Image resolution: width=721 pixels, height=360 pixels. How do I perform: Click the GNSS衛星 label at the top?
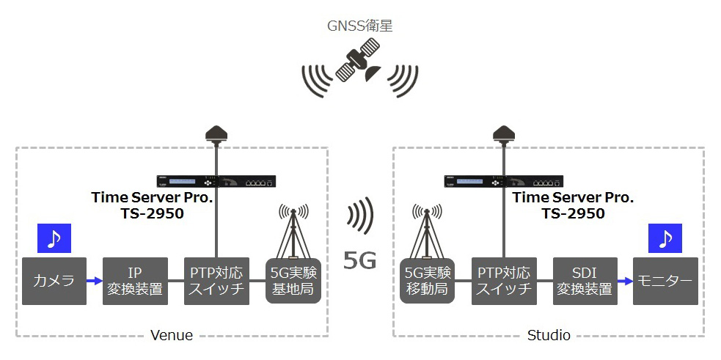(x=359, y=26)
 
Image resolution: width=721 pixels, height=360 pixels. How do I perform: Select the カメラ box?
(x=54, y=281)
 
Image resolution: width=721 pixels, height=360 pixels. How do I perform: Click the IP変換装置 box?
(x=135, y=281)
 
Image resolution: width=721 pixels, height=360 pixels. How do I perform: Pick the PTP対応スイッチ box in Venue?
(x=216, y=281)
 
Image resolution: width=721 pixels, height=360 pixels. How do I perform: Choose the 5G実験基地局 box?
(x=293, y=281)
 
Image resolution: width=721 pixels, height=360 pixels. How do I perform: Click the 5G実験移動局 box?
(x=427, y=281)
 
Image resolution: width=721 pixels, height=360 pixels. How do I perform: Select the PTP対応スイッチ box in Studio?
(x=504, y=281)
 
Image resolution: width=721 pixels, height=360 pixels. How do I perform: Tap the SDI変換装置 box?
(x=585, y=281)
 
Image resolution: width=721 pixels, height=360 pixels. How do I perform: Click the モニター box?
(x=665, y=281)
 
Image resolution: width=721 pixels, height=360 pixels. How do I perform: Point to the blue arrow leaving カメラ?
(x=95, y=281)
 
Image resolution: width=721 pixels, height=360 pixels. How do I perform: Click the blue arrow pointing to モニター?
(x=626, y=281)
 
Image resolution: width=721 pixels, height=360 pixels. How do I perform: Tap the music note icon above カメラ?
(x=54, y=238)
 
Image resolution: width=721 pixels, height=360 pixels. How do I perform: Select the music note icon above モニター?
(x=665, y=238)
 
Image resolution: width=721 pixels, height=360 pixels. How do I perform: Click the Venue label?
(x=172, y=335)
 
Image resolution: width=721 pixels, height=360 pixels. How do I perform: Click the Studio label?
(x=549, y=335)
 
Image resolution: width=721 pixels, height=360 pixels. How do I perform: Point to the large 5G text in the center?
(x=360, y=260)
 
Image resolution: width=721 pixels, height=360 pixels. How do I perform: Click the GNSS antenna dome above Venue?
(x=216, y=133)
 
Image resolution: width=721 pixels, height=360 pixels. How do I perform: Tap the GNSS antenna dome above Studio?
(x=504, y=133)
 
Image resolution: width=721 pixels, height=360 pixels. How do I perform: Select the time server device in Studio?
(x=503, y=181)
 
